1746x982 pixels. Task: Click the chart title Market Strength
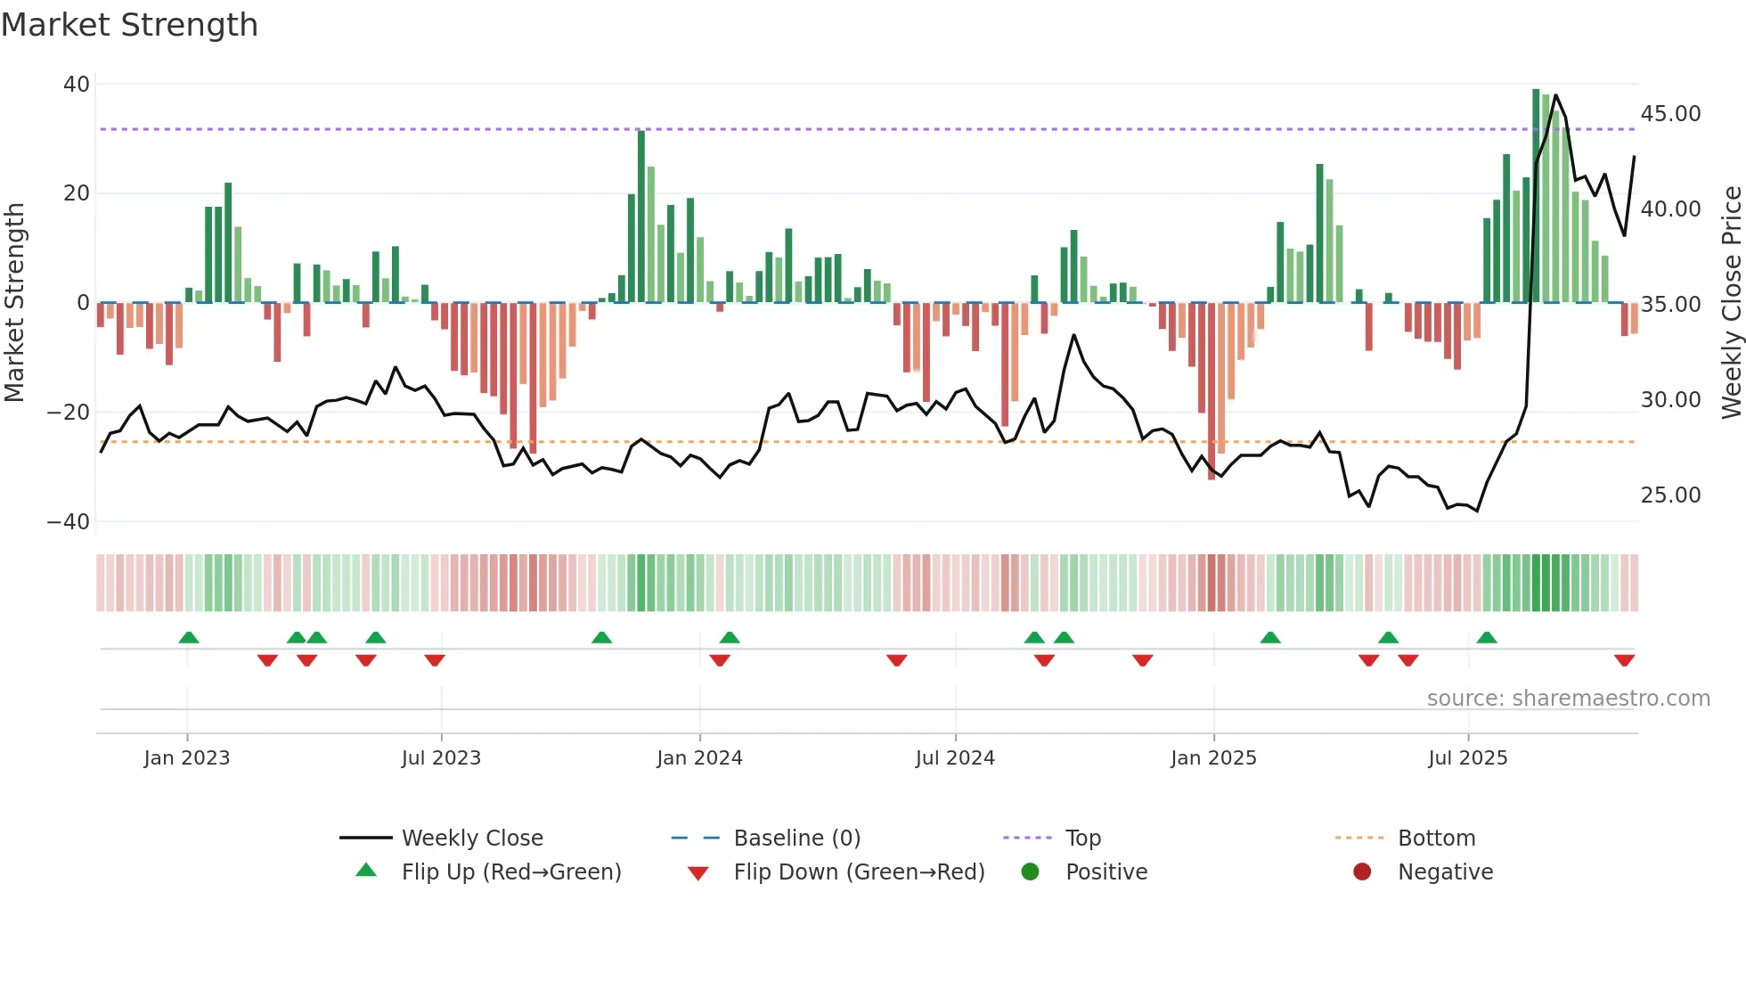click(129, 25)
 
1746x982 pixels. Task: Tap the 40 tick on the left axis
click(77, 85)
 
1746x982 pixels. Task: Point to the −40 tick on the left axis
click(69, 522)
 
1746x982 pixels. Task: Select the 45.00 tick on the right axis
click(1670, 114)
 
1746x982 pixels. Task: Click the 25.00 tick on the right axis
click(1670, 495)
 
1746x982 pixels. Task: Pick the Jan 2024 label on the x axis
click(699, 758)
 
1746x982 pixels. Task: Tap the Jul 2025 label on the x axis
click(1467, 758)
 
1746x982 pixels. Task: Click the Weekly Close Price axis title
click(1731, 303)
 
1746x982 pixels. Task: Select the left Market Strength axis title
click(15, 303)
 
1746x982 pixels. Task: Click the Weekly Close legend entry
click(471, 839)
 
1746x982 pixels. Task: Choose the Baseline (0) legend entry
click(796, 839)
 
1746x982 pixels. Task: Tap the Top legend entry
click(1082, 839)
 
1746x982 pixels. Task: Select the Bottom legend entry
click(1436, 839)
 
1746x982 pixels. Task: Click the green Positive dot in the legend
click(1030, 872)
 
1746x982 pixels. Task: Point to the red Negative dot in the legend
click(1362, 872)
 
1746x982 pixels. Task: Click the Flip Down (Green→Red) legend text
click(859, 872)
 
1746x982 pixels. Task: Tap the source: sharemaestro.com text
click(1568, 699)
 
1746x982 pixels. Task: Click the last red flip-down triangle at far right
click(1624, 660)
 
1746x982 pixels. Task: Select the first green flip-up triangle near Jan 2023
click(189, 637)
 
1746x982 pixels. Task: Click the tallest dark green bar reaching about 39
click(1536, 196)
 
